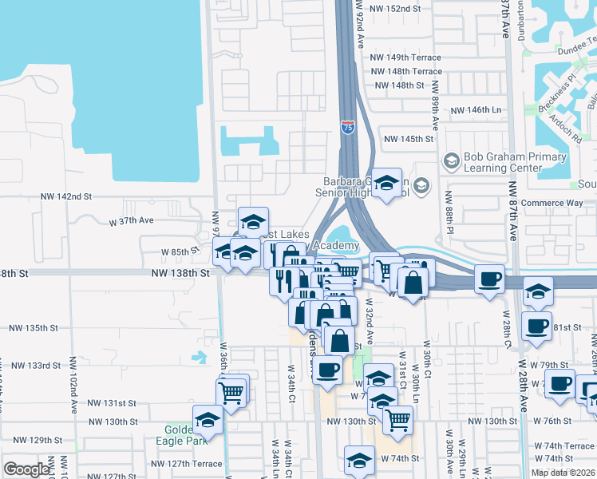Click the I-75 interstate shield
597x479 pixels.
click(x=348, y=127)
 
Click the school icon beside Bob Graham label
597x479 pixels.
click(x=452, y=162)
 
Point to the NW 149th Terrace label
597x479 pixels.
click(x=408, y=57)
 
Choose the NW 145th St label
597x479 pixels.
click(x=409, y=139)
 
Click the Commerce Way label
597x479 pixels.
click(x=552, y=204)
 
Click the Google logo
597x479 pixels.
click(x=26, y=469)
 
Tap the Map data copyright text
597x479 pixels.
click(x=563, y=473)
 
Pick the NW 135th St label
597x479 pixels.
click(x=34, y=327)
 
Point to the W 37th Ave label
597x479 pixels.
click(x=131, y=220)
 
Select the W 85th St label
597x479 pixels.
click(x=180, y=251)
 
